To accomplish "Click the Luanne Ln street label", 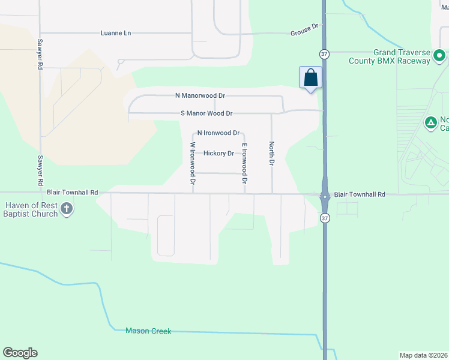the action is click(115, 33).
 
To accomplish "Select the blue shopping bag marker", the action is click(310, 78).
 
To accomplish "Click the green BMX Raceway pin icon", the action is click(439, 56).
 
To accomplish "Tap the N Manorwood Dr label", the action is click(200, 95).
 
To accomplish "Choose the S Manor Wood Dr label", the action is click(206, 113).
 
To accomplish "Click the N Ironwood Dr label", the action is click(218, 133).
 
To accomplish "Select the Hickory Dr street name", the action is click(218, 153).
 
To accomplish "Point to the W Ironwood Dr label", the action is click(193, 163).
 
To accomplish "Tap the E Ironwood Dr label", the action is click(244, 163).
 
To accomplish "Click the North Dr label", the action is click(271, 154).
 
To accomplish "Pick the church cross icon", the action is click(67, 209).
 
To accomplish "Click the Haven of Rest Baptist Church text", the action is click(31, 209).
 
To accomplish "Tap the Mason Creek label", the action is click(148, 331).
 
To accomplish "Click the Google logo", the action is click(20, 353).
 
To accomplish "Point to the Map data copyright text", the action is click(424, 355).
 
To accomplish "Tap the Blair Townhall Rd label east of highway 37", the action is click(359, 194).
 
